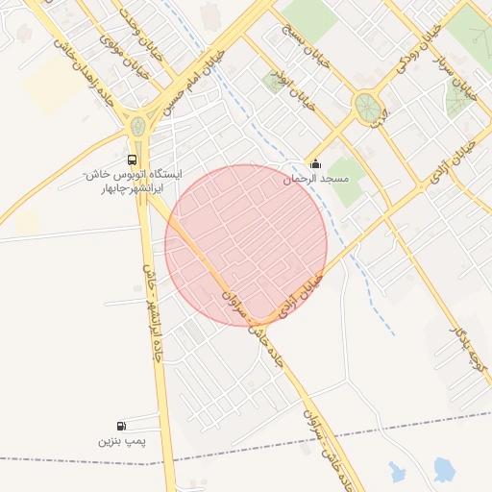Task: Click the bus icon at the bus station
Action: (x=131, y=160)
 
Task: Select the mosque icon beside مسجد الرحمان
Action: (x=316, y=163)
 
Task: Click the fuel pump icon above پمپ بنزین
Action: (x=120, y=426)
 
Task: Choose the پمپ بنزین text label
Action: (x=120, y=442)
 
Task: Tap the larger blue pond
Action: (x=443, y=470)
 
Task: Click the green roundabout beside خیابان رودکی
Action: (x=366, y=107)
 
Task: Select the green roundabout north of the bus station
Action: (x=138, y=125)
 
